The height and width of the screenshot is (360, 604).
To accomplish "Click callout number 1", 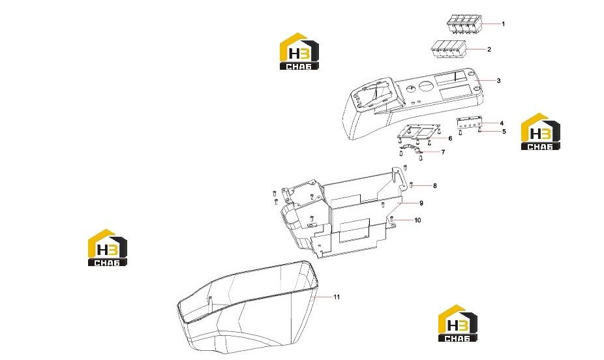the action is pos(503,24).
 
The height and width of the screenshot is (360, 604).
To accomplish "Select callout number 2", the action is pos(489,50).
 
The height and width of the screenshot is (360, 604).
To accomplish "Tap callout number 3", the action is pos(499,81).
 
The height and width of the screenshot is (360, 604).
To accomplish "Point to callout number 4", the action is pos(502,123).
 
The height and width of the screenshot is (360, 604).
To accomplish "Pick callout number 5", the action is pos(504,132).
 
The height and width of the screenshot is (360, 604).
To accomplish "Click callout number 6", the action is pos(450,139).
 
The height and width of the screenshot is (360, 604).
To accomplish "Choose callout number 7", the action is pos(443,152).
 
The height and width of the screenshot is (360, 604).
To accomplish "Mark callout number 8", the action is pos(435,186).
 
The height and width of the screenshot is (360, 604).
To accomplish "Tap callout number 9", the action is pos(421,203).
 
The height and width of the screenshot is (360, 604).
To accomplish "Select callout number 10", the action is pos(418,220).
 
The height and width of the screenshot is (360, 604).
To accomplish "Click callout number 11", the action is pos(337,297).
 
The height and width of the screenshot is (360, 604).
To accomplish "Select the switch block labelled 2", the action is pos(448,50).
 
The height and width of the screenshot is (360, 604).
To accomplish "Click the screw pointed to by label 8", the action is pos(412,185).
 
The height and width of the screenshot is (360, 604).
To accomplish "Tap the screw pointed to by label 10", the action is pos(391,219).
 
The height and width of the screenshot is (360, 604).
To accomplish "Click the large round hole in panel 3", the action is pos(426,86).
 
